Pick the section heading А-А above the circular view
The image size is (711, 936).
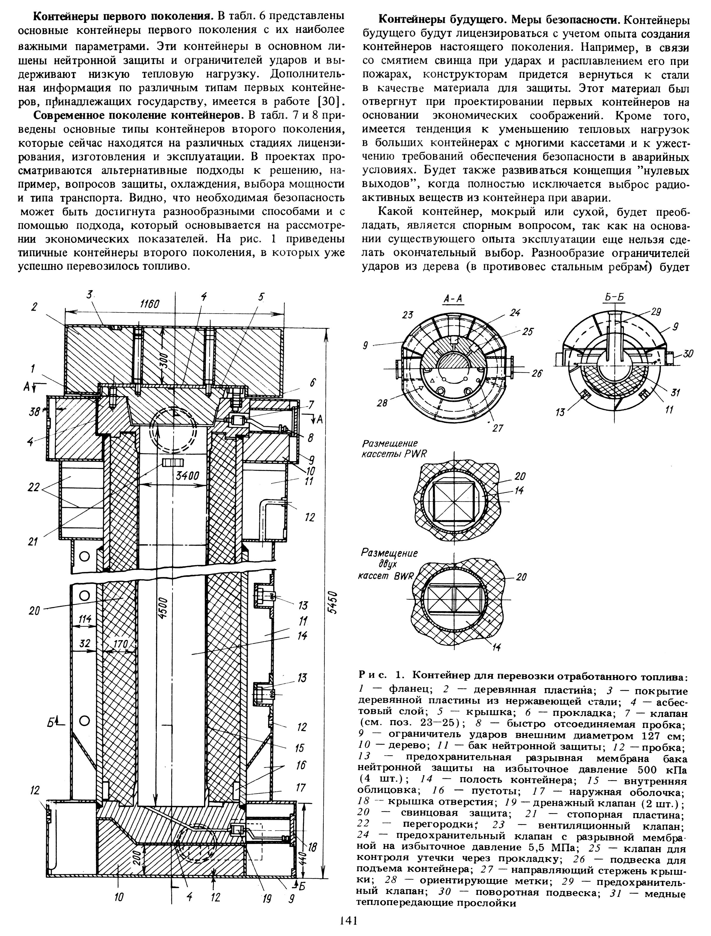[453, 299]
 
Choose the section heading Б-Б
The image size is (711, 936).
[614, 297]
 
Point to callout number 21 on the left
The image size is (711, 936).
[33, 541]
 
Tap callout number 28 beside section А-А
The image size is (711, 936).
[382, 403]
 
